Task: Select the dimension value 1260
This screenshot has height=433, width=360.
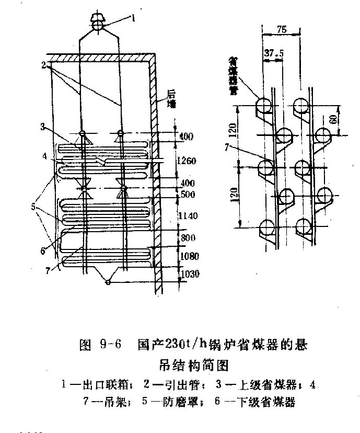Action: [186, 161]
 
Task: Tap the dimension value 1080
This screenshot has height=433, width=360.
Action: [187, 256]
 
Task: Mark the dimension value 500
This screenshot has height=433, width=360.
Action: [187, 195]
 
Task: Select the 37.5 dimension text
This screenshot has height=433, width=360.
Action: [271, 53]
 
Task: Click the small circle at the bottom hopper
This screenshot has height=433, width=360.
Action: [108, 282]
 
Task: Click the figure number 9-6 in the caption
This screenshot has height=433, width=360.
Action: [110, 345]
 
